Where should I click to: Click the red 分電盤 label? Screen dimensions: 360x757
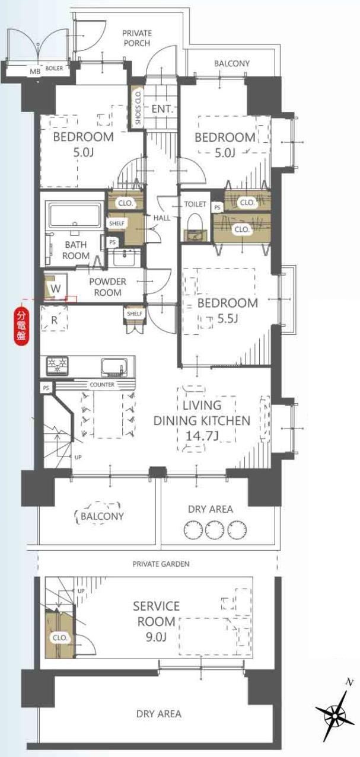22,325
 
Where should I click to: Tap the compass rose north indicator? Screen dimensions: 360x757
335,705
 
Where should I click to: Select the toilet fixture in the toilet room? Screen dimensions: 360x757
195,227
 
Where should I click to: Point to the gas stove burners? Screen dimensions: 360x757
57,366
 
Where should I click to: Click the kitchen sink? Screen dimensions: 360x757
114,367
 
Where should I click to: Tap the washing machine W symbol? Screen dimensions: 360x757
55,288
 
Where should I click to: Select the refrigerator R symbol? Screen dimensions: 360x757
54,320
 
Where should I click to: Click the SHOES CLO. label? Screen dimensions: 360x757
138,107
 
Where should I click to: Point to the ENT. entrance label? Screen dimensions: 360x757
163,109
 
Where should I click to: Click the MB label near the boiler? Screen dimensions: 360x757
35,71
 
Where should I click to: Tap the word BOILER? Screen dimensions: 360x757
54,68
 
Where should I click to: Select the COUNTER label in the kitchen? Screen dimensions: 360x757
102,385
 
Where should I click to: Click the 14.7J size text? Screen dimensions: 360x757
202,436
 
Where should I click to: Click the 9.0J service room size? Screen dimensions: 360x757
156,637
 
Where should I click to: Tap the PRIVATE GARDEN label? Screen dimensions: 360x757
161,564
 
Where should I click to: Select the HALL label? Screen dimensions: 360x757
161,218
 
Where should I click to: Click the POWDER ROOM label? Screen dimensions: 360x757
107,287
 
